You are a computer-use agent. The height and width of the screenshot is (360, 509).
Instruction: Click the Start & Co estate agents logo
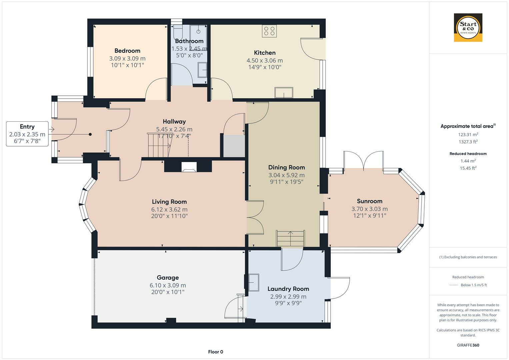click(468, 27)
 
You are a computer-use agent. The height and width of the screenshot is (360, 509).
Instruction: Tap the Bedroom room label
click(127, 51)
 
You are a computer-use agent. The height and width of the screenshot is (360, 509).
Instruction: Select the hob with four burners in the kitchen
click(269, 31)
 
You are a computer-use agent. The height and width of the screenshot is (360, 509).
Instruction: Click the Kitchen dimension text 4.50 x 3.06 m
click(264, 60)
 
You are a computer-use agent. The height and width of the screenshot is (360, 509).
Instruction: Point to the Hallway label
click(174, 122)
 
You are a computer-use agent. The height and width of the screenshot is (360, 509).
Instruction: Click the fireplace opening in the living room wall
click(189, 167)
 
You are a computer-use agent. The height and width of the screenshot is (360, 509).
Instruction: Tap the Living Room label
click(169, 202)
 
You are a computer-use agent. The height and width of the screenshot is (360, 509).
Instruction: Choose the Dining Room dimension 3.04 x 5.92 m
click(286, 175)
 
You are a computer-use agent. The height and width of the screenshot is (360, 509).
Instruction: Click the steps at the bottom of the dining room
click(290, 238)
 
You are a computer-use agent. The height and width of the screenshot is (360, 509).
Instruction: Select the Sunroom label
click(369, 201)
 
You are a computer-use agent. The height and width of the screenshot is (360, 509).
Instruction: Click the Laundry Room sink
click(254, 283)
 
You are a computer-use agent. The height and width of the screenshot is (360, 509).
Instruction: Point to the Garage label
click(168, 277)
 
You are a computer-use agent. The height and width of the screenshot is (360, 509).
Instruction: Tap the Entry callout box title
click(27, 127)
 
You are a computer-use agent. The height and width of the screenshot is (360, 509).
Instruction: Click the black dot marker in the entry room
click(90, 134)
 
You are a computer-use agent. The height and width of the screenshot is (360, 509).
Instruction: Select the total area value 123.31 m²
click(468, 134)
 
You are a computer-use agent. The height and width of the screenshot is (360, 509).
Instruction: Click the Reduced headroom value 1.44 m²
click(468, 161)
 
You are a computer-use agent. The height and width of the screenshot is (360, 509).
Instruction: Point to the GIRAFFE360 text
click(468, 345)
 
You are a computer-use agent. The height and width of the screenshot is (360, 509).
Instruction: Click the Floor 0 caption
click(216, 352)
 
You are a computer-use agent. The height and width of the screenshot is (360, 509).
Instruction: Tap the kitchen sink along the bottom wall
click(284, 93)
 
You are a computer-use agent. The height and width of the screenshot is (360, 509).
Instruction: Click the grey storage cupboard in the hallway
click(234, 146)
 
